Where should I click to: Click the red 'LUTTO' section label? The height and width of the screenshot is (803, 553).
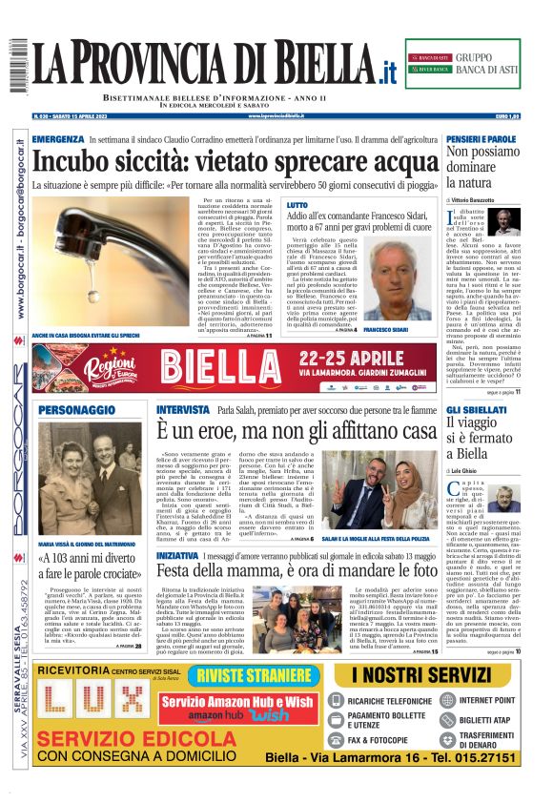pyautogui.click(x=297, y=205)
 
